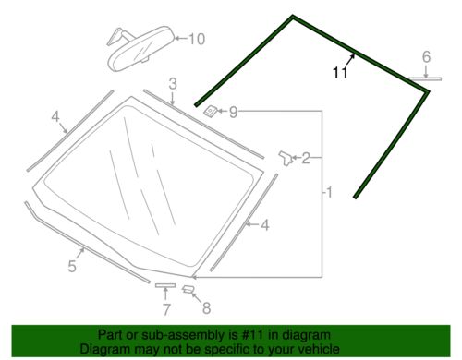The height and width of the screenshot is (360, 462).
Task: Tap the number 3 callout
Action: pos(172,86)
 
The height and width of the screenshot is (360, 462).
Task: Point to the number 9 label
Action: pos(234,113)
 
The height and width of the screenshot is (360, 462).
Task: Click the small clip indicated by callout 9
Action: pos(212,113)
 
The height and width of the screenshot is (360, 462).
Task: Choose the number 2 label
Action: pos(306,159)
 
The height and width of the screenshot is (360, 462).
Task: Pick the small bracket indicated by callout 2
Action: pos(286,158)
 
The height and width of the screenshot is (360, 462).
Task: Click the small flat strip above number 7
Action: pos(164,288)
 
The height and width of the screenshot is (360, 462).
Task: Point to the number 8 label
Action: pos(206,307)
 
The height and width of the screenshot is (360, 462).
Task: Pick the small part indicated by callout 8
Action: pos(188,290)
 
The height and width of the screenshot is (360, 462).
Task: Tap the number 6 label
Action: pos(426,57)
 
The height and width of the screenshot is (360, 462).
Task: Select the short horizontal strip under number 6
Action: pos(427,79)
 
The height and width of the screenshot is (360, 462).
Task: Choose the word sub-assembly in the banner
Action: pos(196,335)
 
